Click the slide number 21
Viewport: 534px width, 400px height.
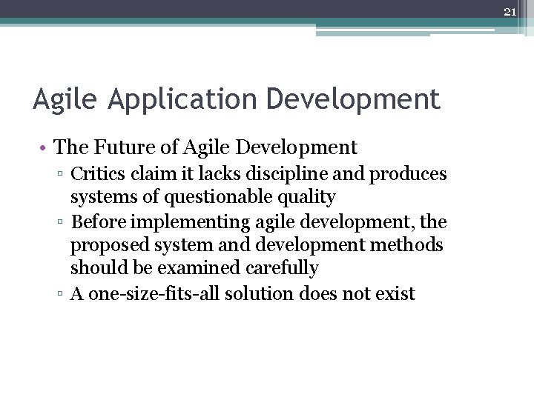(x=510, y=12)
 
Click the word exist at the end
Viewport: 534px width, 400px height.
(x=394, y=293)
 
